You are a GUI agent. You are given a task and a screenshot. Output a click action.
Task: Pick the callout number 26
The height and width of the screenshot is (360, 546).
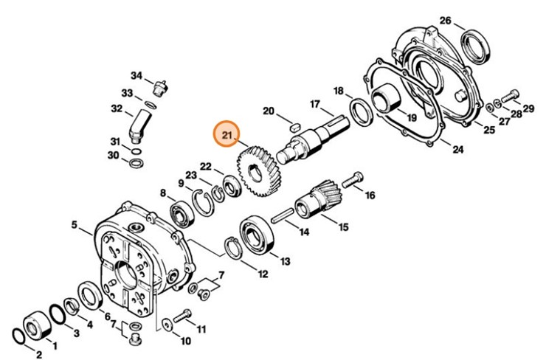(445, 20)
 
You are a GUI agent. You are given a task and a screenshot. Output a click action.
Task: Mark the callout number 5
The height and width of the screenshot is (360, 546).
(75, 224)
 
